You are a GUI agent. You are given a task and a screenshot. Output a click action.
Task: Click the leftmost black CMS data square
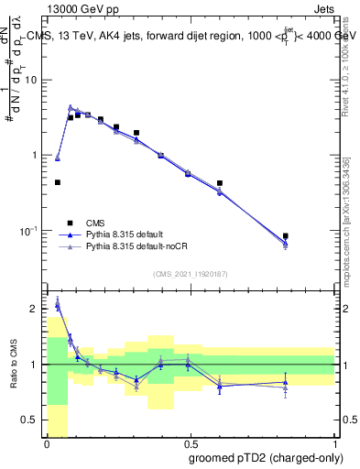[58, 182]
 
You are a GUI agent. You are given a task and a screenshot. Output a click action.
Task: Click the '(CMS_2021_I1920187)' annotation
[190, 274]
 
